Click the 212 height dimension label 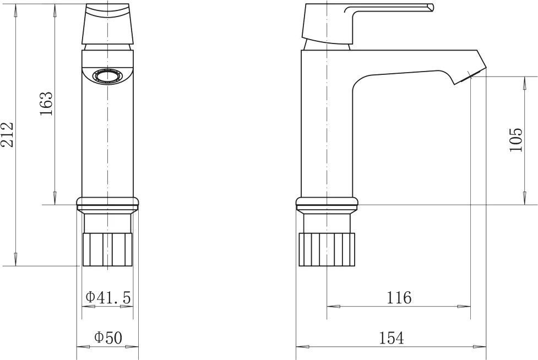(8, 134)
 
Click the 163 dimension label (47, 103)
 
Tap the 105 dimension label (515, 140)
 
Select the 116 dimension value (399, 298)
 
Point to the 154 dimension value (392, 338)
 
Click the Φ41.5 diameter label (108, 297)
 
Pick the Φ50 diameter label (108, 338)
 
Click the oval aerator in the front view (108, 76)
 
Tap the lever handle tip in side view (431, 8)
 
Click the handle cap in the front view (108, 24)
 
